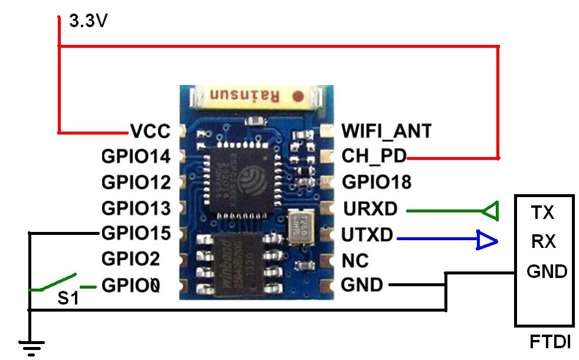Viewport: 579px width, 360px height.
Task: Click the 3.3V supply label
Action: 89,22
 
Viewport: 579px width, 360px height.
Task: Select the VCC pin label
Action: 150,131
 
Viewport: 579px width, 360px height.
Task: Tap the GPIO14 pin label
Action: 136,156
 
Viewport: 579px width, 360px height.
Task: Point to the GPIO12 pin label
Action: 136,182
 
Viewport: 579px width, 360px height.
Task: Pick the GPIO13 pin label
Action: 136,208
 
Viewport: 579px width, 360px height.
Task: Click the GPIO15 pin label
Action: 136,233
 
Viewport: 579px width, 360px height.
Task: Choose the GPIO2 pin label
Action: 130,259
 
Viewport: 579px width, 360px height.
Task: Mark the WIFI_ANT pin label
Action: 387,130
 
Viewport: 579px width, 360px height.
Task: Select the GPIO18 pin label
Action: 377,182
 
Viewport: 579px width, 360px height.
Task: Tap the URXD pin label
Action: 369,208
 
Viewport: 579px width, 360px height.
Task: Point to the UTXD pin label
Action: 367,235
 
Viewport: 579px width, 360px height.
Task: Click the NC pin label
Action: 355,260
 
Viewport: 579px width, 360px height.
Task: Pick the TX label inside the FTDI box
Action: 543,212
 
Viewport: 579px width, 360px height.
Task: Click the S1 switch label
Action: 68,298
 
